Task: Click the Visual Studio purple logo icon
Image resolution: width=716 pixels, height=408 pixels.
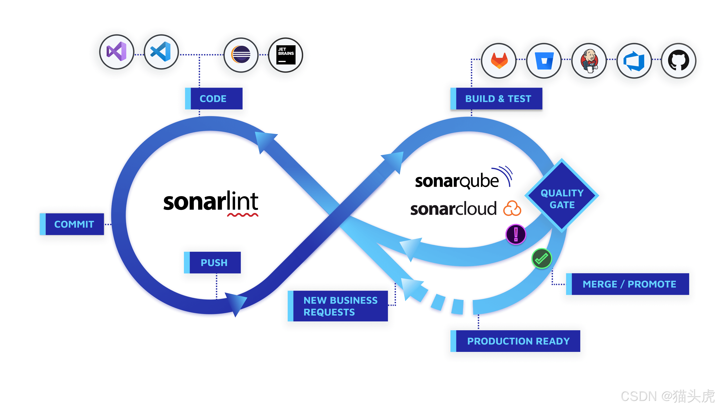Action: point(117,52)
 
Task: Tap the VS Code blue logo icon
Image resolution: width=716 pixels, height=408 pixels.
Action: point(161,52)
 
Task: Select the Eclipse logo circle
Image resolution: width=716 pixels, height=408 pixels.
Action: point(241,54)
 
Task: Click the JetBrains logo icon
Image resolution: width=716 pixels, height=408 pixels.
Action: point(285,55)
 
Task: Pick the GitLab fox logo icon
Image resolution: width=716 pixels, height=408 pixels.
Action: point(499,61)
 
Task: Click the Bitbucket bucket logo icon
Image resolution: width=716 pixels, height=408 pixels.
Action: point(544,61)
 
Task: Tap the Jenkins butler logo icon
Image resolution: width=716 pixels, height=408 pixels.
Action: point(589,61)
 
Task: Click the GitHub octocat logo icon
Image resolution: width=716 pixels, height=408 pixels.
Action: point(678,61)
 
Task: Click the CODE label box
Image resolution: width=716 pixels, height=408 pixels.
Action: point(214,99)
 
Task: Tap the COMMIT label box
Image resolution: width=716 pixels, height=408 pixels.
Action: point(72,224)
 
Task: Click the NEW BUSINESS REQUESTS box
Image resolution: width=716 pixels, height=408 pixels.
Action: point(338,306)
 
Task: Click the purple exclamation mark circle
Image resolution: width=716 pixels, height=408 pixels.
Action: point(516,234)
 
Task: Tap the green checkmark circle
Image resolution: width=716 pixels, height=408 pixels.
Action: point(541,258)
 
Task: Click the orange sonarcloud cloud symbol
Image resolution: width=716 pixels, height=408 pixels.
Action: point(512,209)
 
